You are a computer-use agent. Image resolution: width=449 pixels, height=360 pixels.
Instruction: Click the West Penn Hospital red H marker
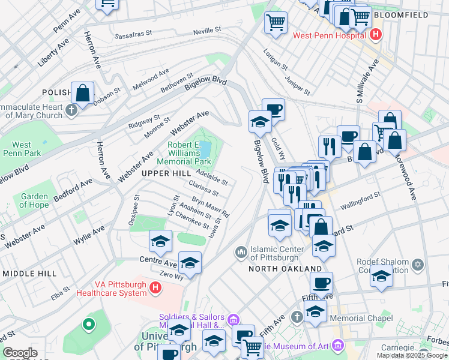pos(375,35)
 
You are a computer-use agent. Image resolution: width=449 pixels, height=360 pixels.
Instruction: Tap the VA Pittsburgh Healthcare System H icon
pos(155,289)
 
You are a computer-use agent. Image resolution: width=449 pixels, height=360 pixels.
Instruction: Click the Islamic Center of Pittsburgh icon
pos(241,251)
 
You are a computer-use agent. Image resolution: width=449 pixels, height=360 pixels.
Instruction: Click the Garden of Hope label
pos(34,201)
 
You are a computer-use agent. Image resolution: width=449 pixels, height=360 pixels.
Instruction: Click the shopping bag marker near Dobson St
pos(82,94)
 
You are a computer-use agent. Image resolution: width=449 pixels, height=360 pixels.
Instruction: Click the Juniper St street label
pos(298,85)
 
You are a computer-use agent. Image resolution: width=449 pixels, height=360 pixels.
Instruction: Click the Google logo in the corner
pos(20,353)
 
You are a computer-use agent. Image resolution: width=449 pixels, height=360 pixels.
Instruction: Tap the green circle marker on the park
pos(89,325)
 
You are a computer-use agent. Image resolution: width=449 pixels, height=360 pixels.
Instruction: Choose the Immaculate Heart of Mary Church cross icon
pos(72,110)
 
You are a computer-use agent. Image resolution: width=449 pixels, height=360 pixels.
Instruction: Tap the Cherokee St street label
pos(193,222)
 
